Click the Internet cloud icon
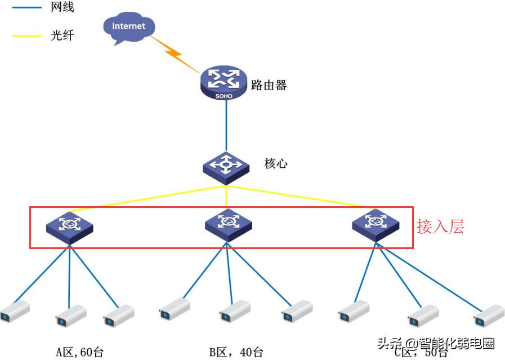[x=128, y=28]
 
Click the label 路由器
[x=269, y=85]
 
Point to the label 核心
[x=276, y=163]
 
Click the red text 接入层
[x=440, y=226]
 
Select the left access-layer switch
[x=69, y=226]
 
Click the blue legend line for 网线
[x=26, y=8]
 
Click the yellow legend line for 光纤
[x=26, y=36]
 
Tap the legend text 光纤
[x=62, y=36]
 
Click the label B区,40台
[x=236, y=353]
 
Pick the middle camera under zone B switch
[x=234, y=310]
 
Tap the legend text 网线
[x=62, y=8]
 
